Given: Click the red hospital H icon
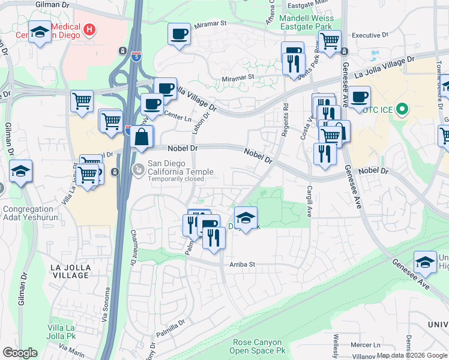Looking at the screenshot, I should [89, 29].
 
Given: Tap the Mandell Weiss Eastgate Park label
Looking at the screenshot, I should [307, 23].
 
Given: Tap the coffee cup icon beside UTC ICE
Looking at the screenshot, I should [360, 97].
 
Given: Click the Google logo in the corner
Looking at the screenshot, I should [20, 353].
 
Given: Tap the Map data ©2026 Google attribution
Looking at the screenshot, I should [412, 355].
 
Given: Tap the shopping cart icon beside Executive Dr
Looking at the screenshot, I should [330, 41].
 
